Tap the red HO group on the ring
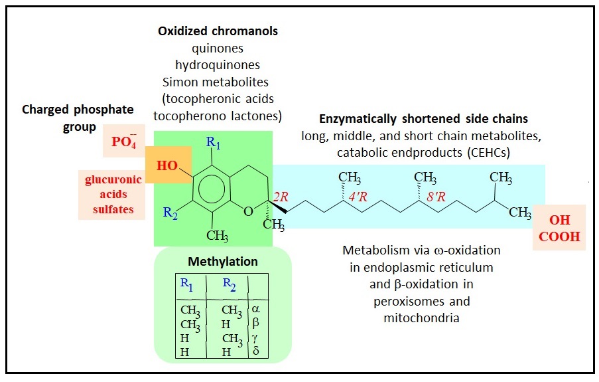click(x=167, y=165)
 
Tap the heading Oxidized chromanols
click(x=218, y=31)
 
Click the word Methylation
click(x=222, y=261)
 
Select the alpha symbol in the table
click(x=257, y=309)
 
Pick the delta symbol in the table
click(x=256, y=350)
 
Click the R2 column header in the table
click(x=230, y=284)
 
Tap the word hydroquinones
click(x=217, y=65)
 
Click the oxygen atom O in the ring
click(x=247, y=212)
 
